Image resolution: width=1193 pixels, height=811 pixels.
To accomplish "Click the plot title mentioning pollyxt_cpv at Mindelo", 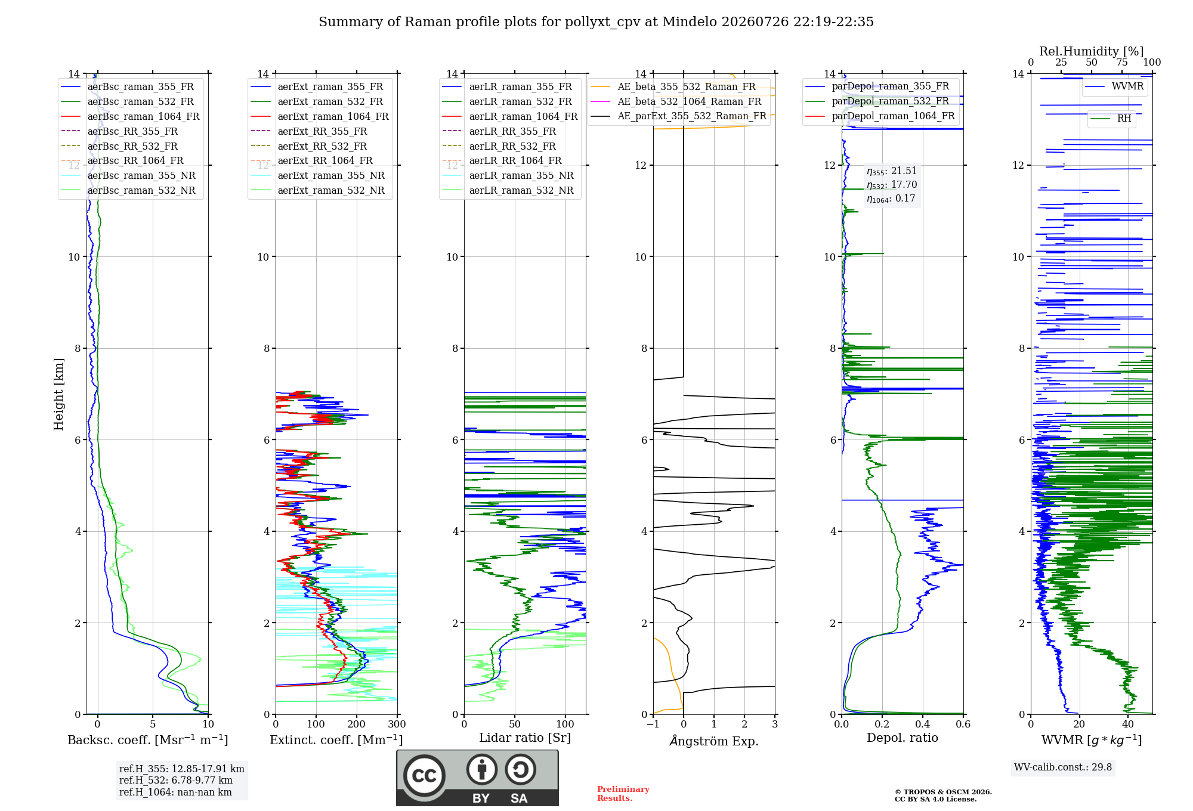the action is tap(596, 22).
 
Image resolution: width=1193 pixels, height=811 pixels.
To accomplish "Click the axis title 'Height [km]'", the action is tap(58, 394).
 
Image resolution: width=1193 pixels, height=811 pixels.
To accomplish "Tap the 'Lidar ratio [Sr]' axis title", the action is tap(525, 738).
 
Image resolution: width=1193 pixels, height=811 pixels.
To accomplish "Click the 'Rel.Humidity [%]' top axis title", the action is tap(1092, 51).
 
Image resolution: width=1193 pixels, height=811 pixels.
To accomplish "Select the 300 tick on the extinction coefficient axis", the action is tap(397, 724).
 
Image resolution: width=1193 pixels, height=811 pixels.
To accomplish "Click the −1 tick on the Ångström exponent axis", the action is tap(653, 724).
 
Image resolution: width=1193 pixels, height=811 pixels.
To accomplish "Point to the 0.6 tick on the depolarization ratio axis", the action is tap(963, 724).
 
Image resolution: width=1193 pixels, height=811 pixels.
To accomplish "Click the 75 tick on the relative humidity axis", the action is tap(1122, 63).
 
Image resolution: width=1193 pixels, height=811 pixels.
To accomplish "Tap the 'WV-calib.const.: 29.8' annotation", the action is tap(1063, 767).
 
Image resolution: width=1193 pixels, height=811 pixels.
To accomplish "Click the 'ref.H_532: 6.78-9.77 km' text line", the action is tap(176, 781).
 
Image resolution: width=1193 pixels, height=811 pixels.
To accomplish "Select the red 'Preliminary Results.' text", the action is tap(623, 794).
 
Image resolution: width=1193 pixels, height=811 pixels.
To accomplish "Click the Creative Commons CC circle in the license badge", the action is tap(424, 776).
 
